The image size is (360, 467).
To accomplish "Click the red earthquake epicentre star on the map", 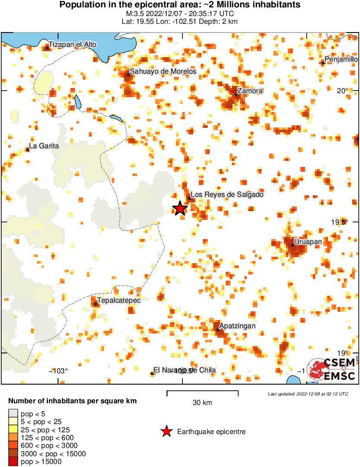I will point(180,209).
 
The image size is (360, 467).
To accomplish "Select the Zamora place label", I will point(250,91).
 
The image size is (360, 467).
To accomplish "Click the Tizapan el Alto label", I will point(72,44).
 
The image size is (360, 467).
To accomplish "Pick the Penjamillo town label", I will point(341,59).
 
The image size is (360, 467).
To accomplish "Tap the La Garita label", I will point(44,146).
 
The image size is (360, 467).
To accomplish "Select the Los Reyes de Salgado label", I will point(227,195).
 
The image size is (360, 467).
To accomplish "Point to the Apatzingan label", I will point(237,326).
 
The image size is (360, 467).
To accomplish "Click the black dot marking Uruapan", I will point(293,245).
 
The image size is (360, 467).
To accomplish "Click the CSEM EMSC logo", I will point(332,369).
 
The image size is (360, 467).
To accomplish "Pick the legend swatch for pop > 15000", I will point(13,461).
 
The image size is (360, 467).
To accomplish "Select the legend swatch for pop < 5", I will point(13,415).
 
